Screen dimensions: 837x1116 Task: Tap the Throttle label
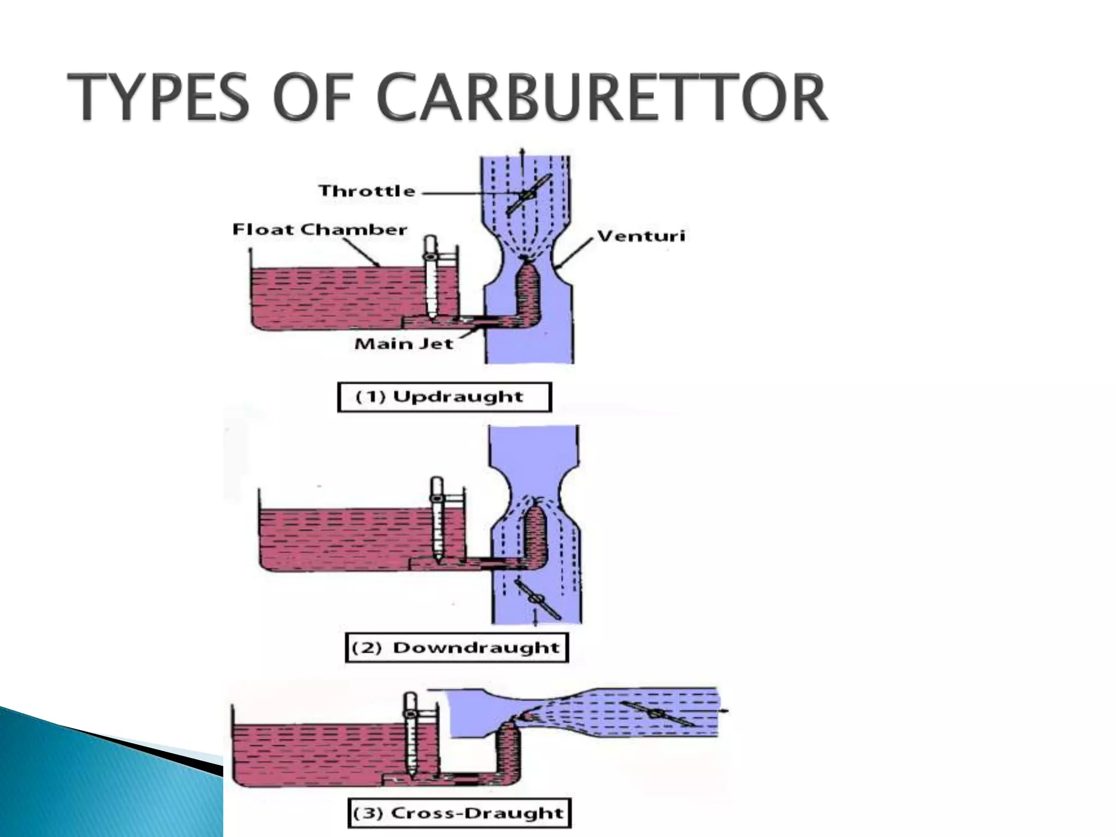coord(367,191)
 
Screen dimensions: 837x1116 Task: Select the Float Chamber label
coord(319,229)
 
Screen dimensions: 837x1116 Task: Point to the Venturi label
coord(641,236)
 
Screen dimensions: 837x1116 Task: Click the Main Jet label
coord(403,344)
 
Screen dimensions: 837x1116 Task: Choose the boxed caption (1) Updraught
coord(444,397)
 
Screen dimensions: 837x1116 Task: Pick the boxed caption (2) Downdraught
coord(457,647)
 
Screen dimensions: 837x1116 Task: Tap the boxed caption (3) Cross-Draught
coord(459,813)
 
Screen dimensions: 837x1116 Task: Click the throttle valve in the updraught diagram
coord(527,195)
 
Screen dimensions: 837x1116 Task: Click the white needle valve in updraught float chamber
coord(430,278)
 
